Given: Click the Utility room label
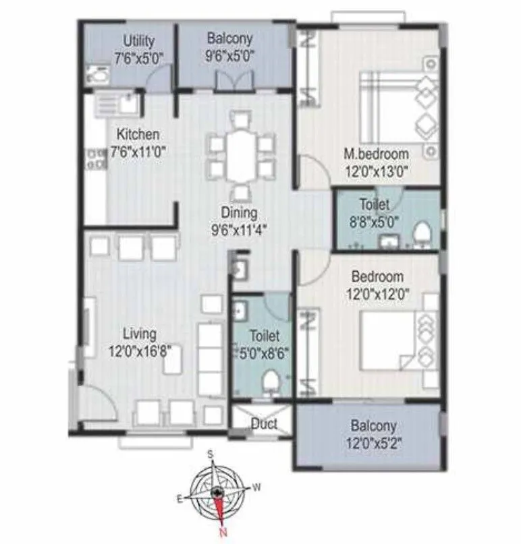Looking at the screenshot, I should (138, 42).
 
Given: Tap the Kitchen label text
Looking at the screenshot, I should (138, 134).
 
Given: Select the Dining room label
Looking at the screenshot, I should (239, 213).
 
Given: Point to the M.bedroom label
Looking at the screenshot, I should (375, 154).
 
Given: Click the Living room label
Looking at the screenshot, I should (140, 334).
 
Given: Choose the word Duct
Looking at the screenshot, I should (263, 425).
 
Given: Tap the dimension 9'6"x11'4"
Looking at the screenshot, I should (239, 229).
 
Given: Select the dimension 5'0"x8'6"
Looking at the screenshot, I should (261, 351).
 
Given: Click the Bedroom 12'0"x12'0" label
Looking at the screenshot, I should (377, 276).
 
